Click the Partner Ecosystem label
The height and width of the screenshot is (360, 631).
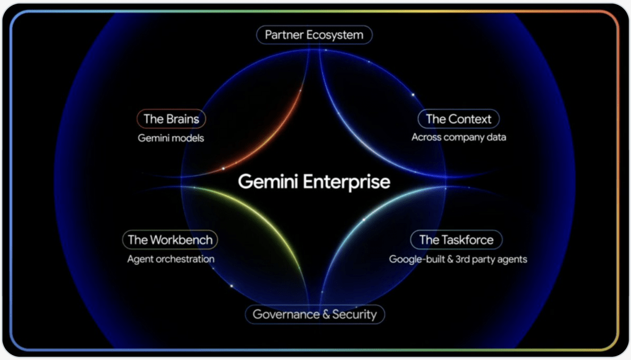314,35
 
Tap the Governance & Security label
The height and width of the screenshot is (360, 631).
315,314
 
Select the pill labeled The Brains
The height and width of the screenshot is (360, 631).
171,119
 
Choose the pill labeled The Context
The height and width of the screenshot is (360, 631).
458,119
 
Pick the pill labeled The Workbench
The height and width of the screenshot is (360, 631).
170,240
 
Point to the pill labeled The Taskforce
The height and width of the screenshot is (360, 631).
456,240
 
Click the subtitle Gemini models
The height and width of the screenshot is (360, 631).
171,138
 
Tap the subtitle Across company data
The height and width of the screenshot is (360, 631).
458,137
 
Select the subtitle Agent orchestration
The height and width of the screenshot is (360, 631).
171,259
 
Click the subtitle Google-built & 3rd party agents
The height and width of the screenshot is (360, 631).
458,260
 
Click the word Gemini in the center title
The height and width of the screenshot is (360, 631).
268,181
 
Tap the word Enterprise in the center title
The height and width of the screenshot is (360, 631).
346,182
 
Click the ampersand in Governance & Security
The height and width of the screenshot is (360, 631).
327,314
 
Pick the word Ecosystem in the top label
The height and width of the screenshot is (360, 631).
335,35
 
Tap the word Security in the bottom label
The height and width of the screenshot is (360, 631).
354,314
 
